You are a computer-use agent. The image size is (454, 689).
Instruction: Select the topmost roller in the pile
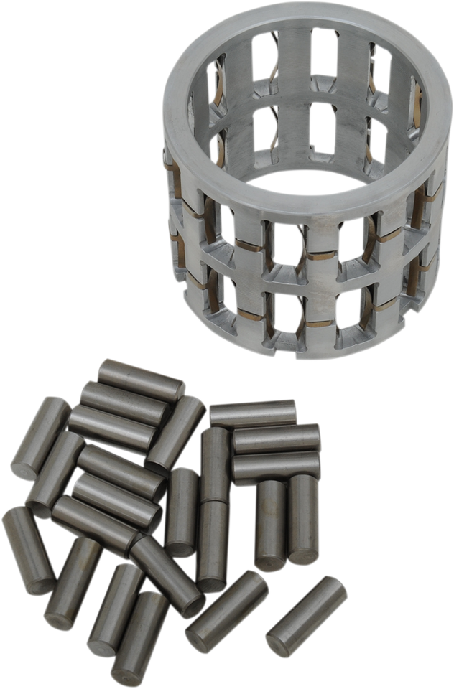click(142, 376)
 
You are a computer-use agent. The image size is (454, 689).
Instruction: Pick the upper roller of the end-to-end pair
click(215, 464)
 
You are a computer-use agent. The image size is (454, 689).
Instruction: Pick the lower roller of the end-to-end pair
click(213, 545)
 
